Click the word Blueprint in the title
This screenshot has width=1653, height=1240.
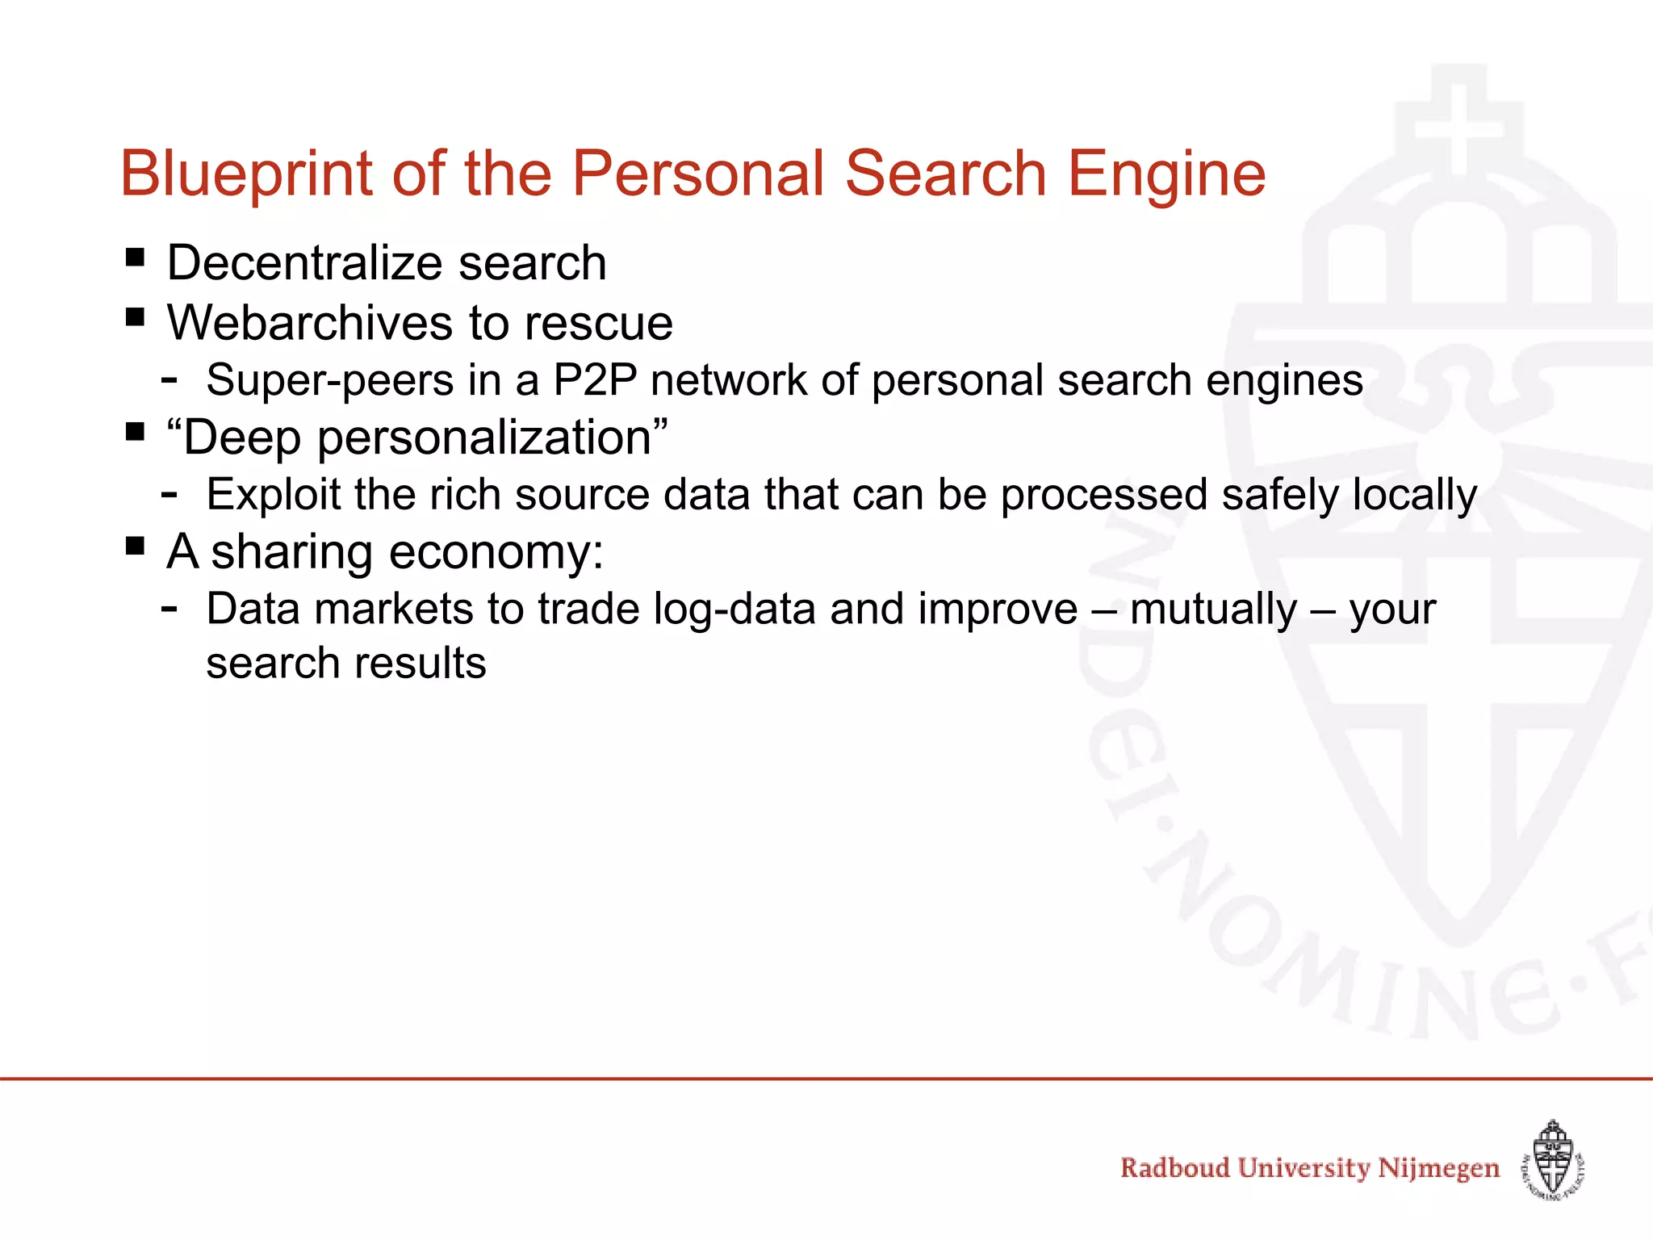coord(246,174)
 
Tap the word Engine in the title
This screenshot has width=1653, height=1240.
coord(1166,174)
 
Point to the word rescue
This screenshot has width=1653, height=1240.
coord(598,323)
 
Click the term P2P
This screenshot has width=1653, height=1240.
coord(595,379)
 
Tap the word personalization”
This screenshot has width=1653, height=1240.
coord(492,438)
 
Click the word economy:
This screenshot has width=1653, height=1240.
coord(496,553)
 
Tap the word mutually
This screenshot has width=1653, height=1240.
coord(1212,610)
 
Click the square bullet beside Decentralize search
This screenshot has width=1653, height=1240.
coord(135,258)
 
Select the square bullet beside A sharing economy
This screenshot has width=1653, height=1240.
coord(135,547)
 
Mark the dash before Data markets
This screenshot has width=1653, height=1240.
coord(169,607)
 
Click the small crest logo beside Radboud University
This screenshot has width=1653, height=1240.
coord(1553,1161)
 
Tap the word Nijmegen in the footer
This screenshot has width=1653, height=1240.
coord(1438,1169)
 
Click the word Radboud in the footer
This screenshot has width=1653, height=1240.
coord(1174,1167)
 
